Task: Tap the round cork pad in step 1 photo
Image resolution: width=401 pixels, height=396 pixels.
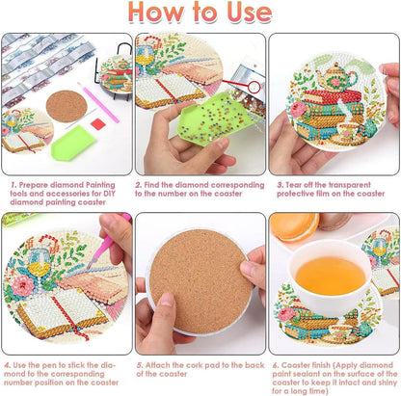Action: pos(65,105)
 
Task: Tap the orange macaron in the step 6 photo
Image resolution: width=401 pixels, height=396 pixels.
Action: pos(293,227)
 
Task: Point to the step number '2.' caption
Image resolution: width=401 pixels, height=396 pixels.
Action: pos(139,182)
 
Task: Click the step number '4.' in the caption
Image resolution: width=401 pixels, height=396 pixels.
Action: pos(7,366)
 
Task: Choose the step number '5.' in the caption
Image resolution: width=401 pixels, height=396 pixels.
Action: pos(139,366)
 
